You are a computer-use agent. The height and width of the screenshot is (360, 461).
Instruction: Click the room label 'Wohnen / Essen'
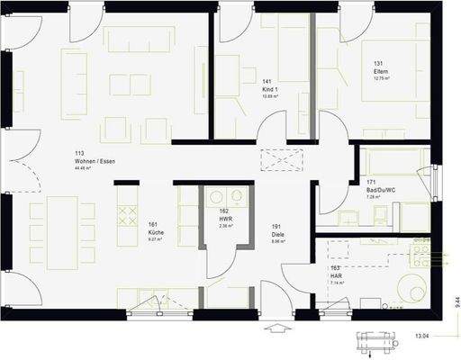[x=95, y=160]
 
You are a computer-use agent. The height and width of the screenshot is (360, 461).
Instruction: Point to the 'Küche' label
[x=155, y=232]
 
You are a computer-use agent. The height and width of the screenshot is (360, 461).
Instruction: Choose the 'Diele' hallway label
[x=277, y=232]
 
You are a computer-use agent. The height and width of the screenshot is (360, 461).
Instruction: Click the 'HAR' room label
[x=337, y=275]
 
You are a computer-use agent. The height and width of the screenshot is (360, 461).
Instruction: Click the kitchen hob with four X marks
[x=123, y=213]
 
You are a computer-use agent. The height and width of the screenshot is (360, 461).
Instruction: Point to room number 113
[x=80, y=153]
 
